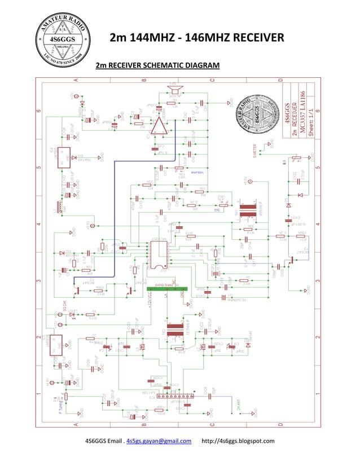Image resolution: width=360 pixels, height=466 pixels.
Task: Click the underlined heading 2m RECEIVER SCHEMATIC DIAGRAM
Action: click(x=157, y=65)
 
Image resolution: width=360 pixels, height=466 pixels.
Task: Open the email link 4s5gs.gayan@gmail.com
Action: click(x=159, y=441)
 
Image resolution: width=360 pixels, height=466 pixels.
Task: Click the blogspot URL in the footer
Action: click(x=238, y=441)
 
